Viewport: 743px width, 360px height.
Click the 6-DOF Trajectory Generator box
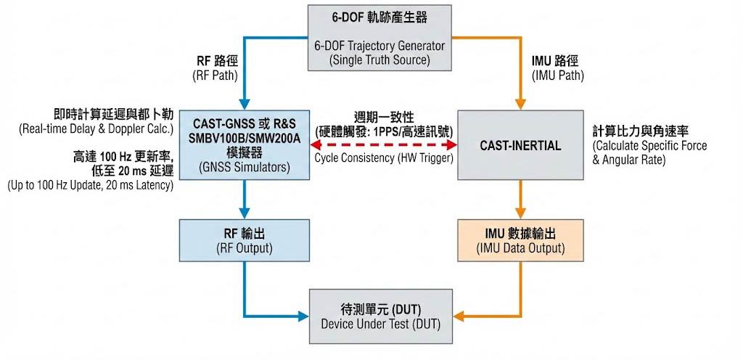click(x=379, y=38)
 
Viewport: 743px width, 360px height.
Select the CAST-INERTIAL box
click(x=520, y=146)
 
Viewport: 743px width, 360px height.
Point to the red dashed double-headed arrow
click(x=382, y=145)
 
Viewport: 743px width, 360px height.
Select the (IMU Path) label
click(x=557, y=75)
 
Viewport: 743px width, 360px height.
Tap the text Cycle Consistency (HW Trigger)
click(x=382, y=157)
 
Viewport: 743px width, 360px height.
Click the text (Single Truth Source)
click(x=379, y=60)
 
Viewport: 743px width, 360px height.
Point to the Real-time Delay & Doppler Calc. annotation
click(x=96, y=128)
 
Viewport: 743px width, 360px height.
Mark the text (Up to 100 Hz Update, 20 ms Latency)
click(x=90, y=186)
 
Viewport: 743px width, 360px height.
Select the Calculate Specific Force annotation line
click(x=649, y=146)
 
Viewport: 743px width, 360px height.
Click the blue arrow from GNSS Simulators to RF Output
click(x=244, y=199)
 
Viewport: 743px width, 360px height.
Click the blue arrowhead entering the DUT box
click(x=303, y=316)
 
